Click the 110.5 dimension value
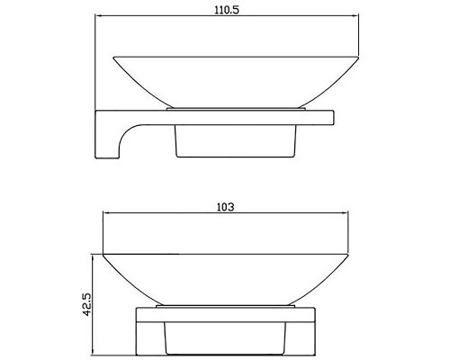pyautogui.click(x=227, y=10)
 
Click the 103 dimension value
pyautogui.click(x=225, y=207)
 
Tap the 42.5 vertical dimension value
pyautogui.click(x=86, y=304)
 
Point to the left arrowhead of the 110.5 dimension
pyautogui.click(x=98, y=15)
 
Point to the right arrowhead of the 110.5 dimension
pyautogui.click(x=355, y=15)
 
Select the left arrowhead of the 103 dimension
pyautogui.click(x=106, y=212)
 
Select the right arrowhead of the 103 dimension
pyautogui.click(x=345, y=212)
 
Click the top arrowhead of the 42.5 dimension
pyautogui.click(x=93, y=257)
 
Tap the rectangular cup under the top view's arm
pyautogui.click(x=236, y=140)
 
